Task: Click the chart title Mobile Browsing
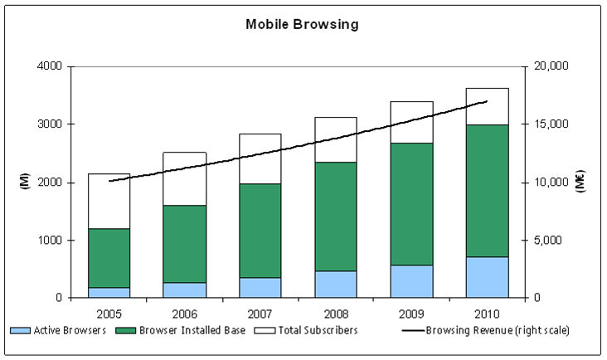302,24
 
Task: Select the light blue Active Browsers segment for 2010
487,277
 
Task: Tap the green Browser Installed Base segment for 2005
109,258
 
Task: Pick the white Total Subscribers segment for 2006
184,178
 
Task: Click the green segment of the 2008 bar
335,216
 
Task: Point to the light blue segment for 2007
260,287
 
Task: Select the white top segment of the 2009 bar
411,122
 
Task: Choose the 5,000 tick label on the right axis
548,241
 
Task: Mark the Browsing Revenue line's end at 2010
487,101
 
